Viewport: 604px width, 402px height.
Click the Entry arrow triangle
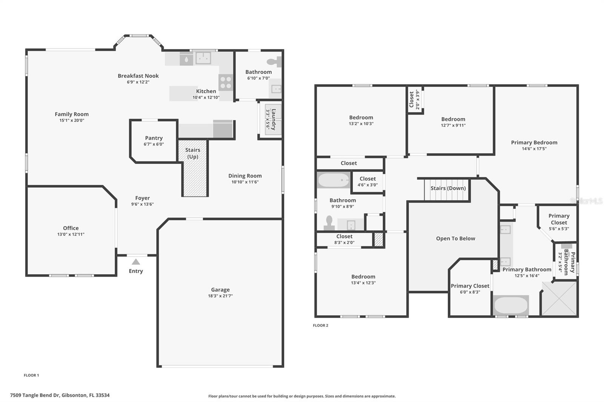tap(136, 262)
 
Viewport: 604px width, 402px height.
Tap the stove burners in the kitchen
tap(226, 82)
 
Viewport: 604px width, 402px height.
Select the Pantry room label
tap(154, 138)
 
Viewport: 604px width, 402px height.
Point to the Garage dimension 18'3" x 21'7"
tap(220, 296)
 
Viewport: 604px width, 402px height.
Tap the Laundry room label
tap(273, 119)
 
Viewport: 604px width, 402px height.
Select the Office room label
tap(71, 228)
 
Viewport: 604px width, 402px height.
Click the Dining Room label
tap(245, 176)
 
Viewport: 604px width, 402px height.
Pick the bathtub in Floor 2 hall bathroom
tap(333, 180)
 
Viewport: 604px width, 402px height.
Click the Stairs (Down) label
tap(448, 188)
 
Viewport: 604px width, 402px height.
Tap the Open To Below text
tap(455, 238)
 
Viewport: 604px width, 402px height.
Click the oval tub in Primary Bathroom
tap(511, 305)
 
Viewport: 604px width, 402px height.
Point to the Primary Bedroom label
tap(534, 143)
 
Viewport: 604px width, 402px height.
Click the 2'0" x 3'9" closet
tap(414, 100)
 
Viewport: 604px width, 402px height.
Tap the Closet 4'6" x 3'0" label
tap(367, 179)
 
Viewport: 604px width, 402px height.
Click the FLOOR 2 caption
tap(320, 325)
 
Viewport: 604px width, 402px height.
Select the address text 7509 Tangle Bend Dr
tap(60, 395)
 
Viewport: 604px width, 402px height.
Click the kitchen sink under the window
tap(203, 58)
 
